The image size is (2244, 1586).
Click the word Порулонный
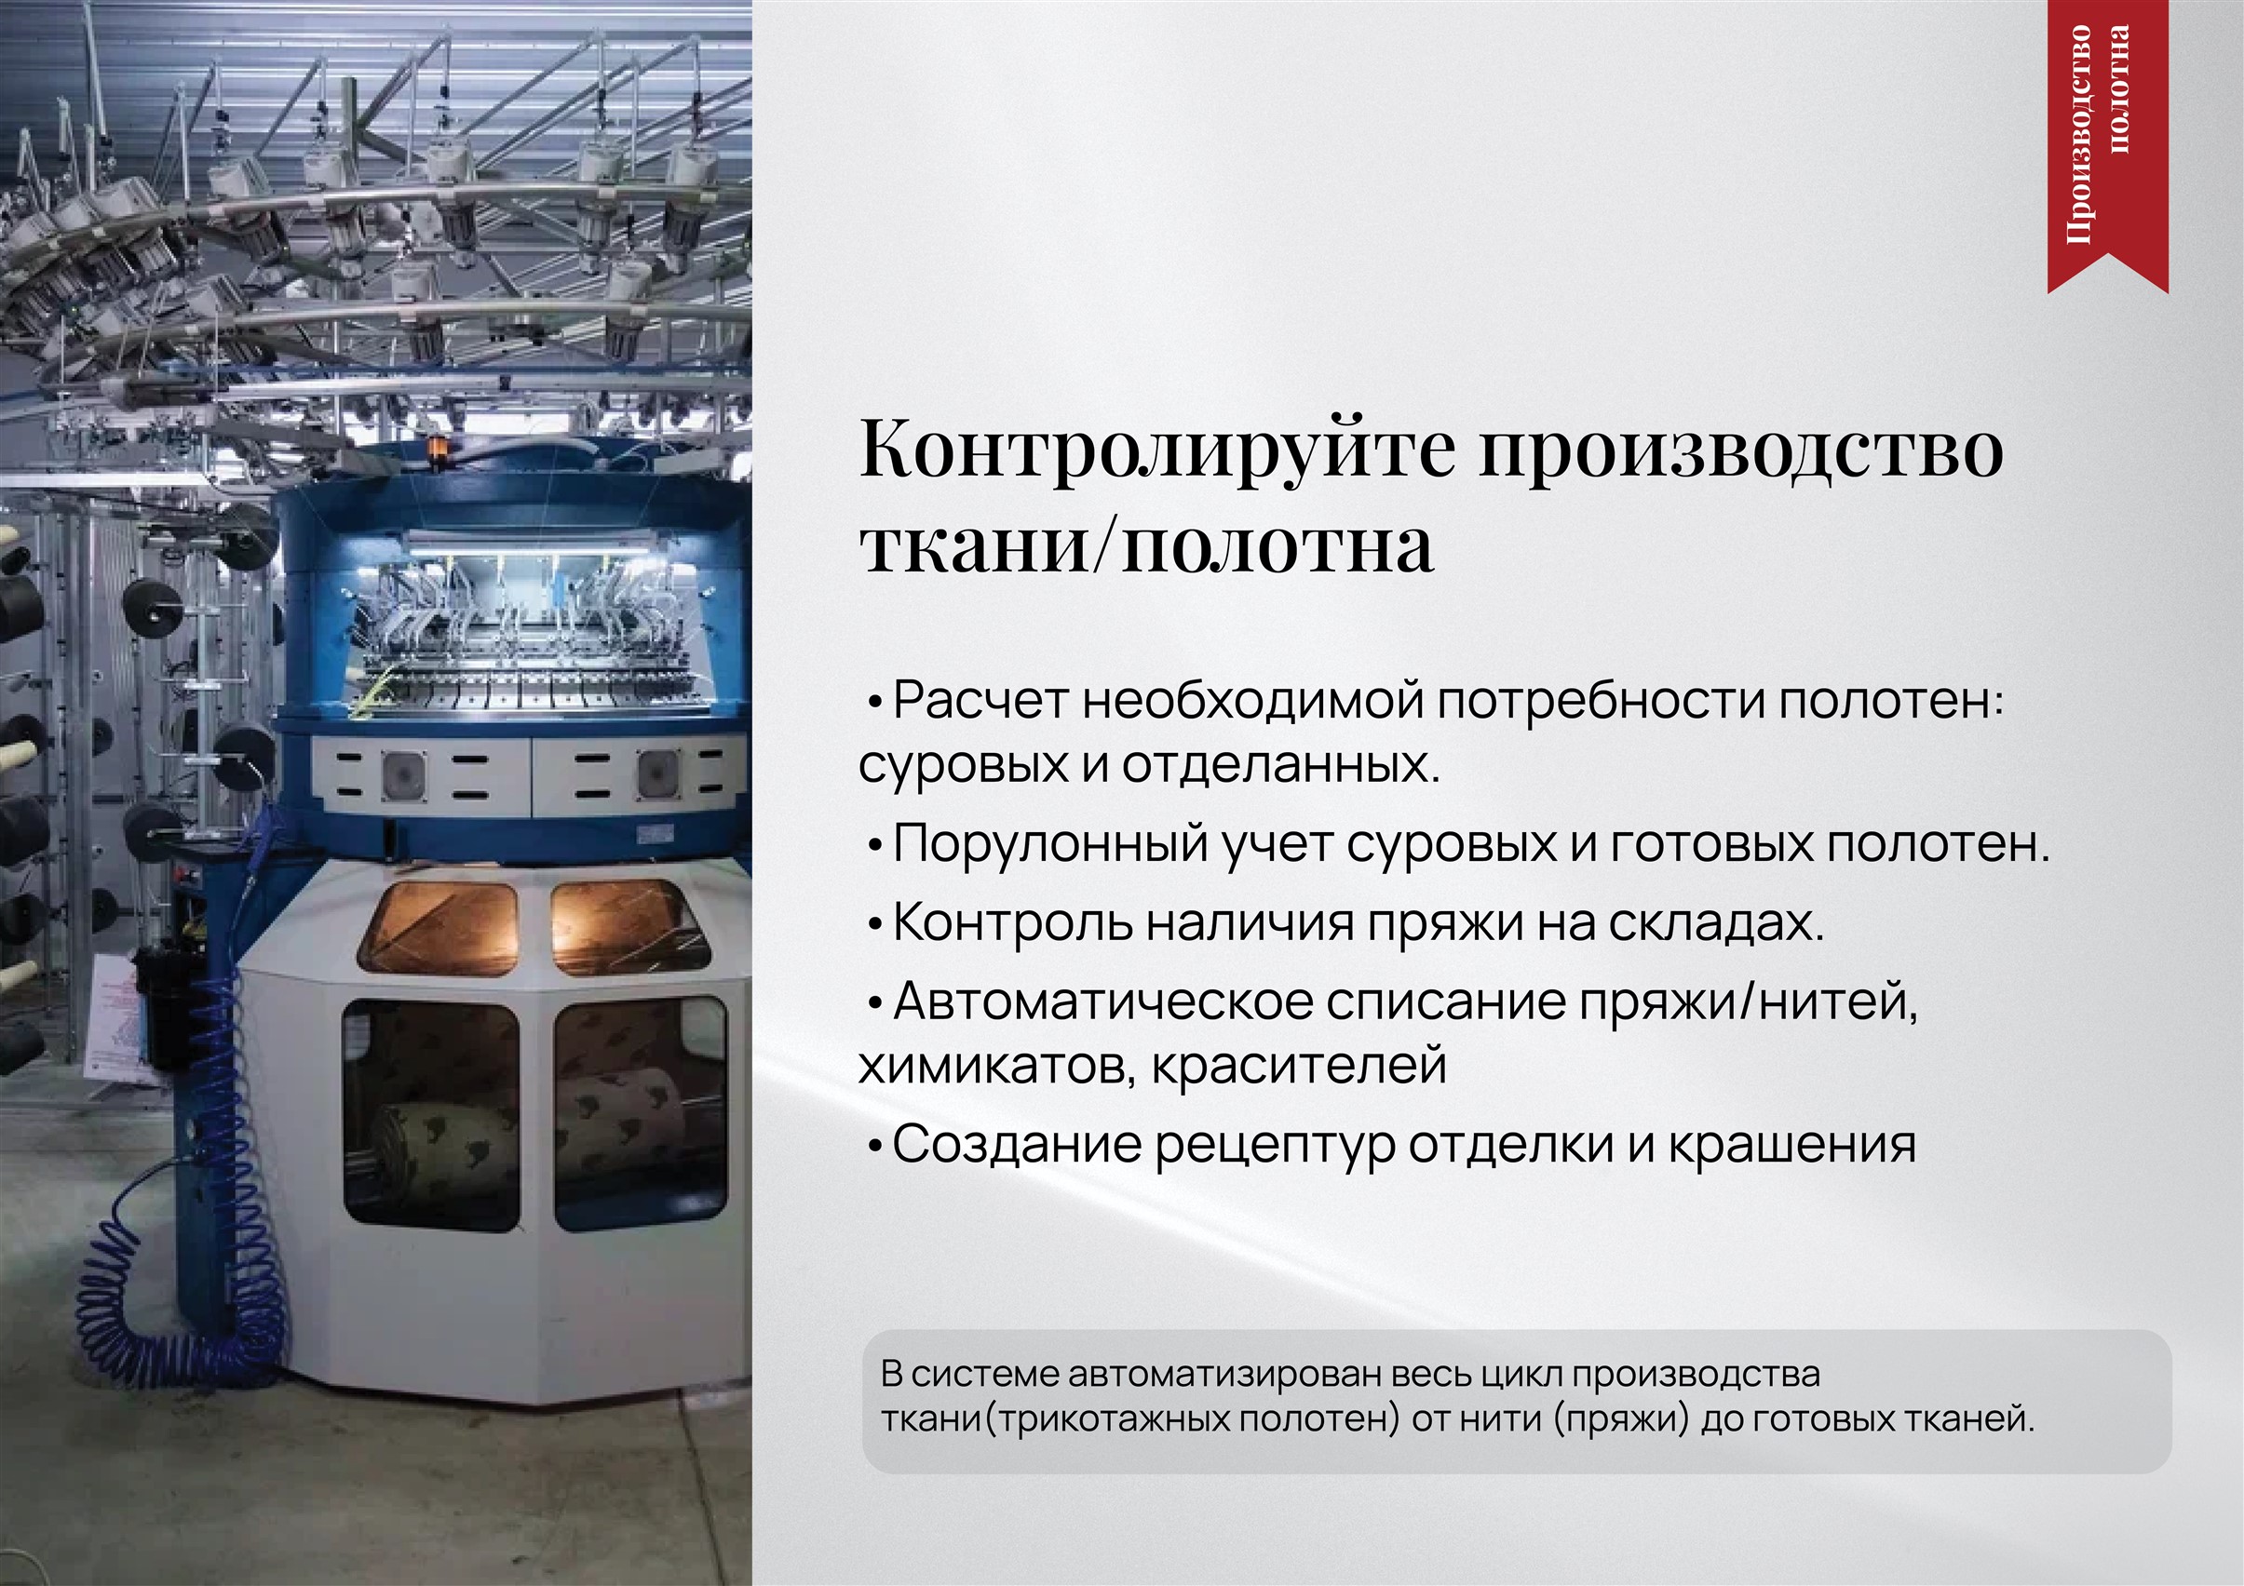(x=1050, y=843)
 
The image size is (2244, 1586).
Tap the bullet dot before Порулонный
(x=874, y=846)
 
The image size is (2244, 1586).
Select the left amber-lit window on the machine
(x=439, y=927)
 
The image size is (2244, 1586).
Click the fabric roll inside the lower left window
(x=446, y=1143)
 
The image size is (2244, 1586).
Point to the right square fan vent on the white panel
(x=654, y=774)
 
